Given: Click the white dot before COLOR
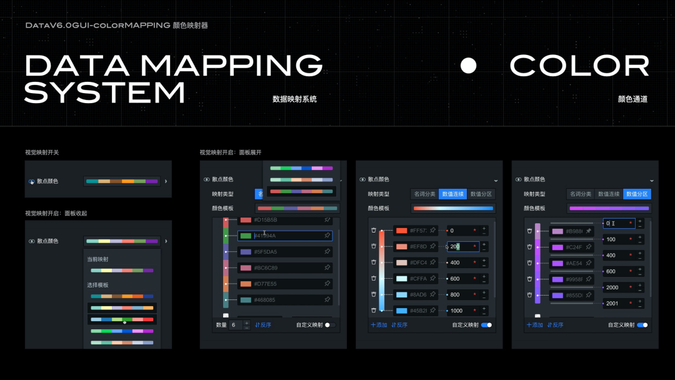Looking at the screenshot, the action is coord(468,66).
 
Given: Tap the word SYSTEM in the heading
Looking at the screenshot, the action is coord(104,92).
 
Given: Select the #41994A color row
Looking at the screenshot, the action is coord(285,236).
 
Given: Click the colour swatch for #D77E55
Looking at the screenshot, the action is coord(246,284).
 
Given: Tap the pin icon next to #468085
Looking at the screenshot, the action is coord(327,299).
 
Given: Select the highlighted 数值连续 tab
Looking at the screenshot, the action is coord(452,194).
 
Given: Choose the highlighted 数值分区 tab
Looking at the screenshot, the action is coord(637,194).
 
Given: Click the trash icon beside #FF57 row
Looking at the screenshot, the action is coord(374,231).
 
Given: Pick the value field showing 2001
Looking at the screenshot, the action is coord(616,304).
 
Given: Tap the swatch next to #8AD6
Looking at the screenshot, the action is coord(401,294).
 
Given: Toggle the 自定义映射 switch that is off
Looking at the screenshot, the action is coord(330,325).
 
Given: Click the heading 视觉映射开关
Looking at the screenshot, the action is coord(42,152).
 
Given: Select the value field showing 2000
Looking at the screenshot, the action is coord(616,287).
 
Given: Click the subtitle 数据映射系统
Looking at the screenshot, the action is coord(294,99).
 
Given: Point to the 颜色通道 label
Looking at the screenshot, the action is coord(632,99).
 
